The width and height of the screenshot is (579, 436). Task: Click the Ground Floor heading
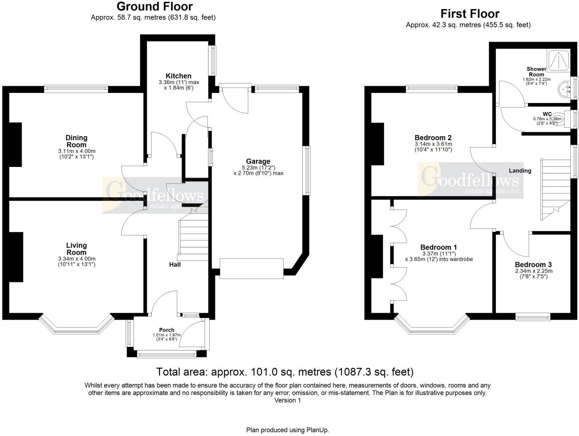click(154, 7)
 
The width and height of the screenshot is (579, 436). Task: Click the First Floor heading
click(470, 14)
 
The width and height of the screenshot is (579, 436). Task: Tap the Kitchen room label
click(178, 76)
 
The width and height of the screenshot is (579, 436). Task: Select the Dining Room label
click(77, 141)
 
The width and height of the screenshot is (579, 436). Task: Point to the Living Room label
click(77, 249)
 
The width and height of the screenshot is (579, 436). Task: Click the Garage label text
click(259, 161)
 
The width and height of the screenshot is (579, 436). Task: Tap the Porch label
click(166, 330)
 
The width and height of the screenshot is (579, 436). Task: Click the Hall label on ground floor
click(175, 264)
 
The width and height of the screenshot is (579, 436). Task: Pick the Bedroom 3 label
click(533, 265)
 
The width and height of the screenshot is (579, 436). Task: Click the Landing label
click(520, 170)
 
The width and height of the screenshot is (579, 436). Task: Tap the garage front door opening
click(252, 264)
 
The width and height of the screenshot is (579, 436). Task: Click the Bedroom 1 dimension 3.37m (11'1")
click(438, 253)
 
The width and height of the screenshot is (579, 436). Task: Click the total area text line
click(285, 372)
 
